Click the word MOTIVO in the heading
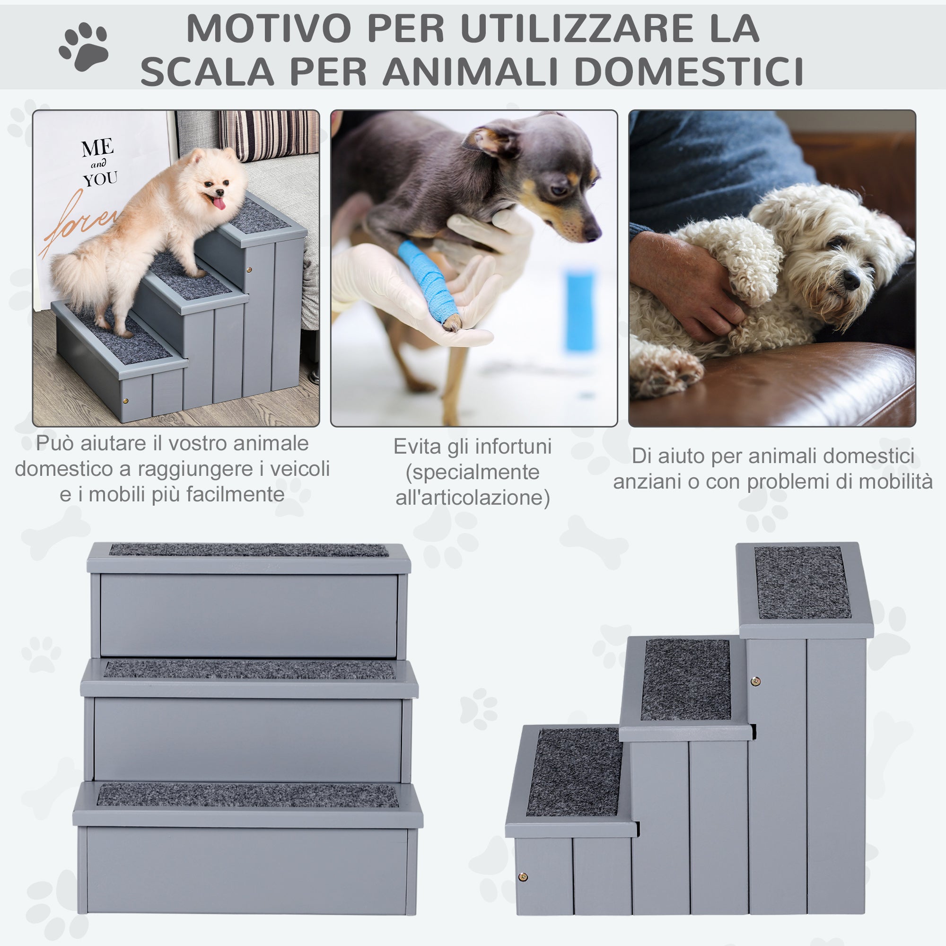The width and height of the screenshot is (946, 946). [x=268, y=28]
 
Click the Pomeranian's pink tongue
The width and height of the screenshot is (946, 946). [x=218, y=202]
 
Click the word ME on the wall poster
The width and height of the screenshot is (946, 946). [x=97, y=148]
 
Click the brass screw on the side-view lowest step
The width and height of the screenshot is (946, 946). [x=523, y=877]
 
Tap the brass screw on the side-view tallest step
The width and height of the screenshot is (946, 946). [x=755, y=681]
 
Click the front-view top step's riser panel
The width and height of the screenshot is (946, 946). [x=248, y=615]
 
